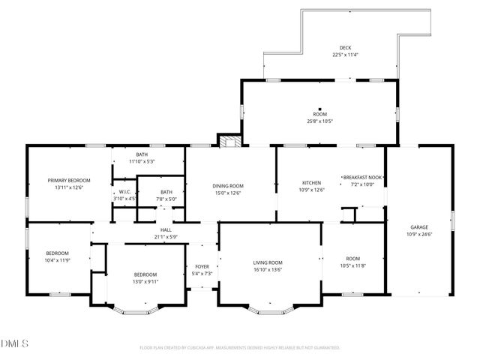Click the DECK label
[x=345, y=47]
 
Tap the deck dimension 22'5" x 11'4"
[x=345, y=54]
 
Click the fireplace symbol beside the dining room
[x=229, y=140]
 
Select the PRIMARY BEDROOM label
[x=69, y=180]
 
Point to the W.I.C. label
[x=125, y=191]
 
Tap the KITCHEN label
[x=312, y=182]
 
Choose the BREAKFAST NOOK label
[x=363, y=177]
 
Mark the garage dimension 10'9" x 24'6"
[x=420, y=233]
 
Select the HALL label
[x=166, y=230]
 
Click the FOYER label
[x=202, y=266]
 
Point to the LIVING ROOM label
[x=268, y=262]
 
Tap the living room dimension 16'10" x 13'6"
[x=268, y=268]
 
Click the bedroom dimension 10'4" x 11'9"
[x=57, y=259]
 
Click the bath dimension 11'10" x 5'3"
[x=142, y=161]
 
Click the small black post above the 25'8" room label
[x=319, y=108]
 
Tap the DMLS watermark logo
[x=15, y=344]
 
